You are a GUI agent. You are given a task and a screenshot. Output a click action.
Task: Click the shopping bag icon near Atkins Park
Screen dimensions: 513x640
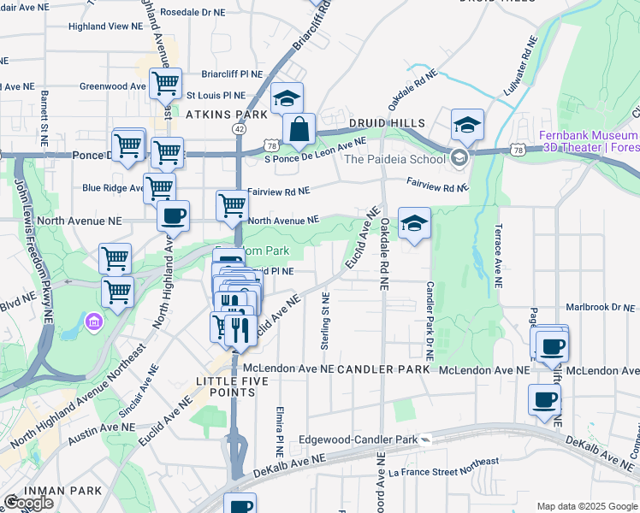coord(299,131)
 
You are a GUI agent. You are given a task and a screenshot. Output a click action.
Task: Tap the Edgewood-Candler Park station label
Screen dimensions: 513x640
coord(359,440)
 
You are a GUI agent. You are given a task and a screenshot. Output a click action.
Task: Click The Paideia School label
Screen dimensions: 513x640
coord(394,158)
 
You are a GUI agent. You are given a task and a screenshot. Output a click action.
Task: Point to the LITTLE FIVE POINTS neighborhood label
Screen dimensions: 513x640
coord(226,386)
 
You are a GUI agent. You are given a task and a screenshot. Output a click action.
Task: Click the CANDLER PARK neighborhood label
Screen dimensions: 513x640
coord(382,369)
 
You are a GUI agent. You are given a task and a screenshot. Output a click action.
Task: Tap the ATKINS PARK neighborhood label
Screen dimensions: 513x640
coord(228,114)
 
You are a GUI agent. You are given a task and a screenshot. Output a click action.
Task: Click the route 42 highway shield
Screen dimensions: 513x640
coord(238,128)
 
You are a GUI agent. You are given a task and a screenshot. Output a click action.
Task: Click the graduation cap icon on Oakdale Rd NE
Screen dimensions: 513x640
coord(414,224)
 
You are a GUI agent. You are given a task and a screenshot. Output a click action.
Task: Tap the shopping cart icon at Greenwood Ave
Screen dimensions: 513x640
coord(164,85)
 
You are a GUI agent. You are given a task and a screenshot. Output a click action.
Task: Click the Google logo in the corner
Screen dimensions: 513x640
coord(27,503)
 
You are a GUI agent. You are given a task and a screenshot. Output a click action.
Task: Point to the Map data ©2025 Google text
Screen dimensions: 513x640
coord(586,506)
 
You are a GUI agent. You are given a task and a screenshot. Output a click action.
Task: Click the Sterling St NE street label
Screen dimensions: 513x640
coord(325,320)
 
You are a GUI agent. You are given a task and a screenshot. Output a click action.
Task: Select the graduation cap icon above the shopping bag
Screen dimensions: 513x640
coord(287,98)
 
